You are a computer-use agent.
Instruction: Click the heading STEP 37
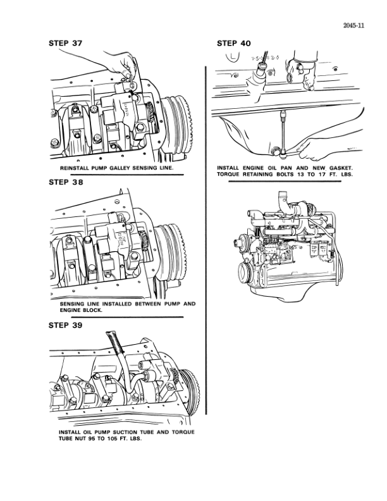tap(65, 44)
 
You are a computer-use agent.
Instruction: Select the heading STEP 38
tap(65, 182)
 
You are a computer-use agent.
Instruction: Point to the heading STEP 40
tap(233, 44)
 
